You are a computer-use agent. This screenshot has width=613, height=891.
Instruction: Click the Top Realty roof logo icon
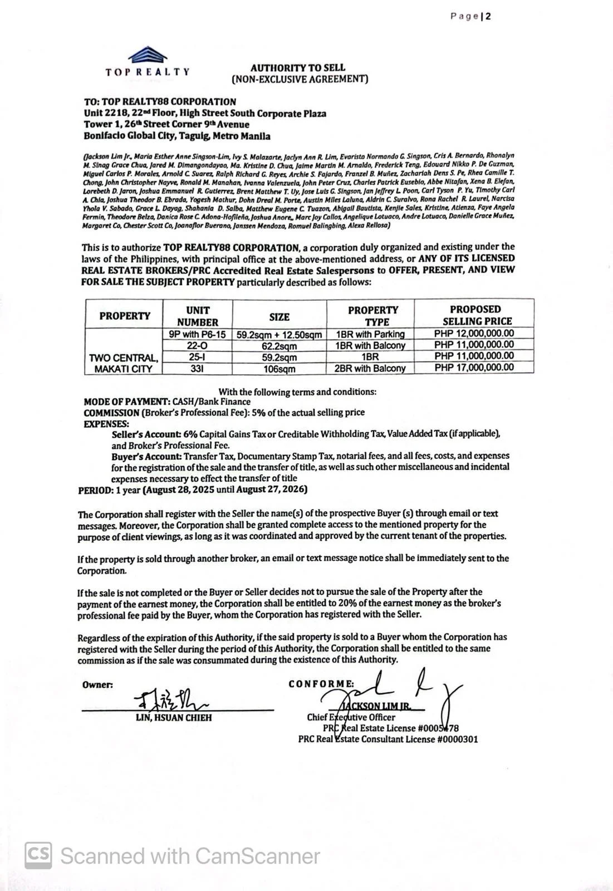click(148, 55)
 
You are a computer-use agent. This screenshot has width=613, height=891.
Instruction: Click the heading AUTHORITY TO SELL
click(297, 67)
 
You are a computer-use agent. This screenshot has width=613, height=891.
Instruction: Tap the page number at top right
click(470, 16)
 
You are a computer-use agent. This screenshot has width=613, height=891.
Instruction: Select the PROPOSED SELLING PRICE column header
click(474, 315)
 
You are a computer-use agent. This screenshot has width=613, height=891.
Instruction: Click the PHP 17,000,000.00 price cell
click(474, 368)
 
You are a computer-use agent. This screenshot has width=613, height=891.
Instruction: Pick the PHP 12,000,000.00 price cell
click(474, 334)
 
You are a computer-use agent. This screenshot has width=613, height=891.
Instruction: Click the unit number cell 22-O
click(197, 346)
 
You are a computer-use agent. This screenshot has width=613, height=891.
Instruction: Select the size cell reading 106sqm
click(279, 369)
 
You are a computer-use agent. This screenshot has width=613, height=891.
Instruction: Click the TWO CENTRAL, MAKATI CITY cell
click(124, 363)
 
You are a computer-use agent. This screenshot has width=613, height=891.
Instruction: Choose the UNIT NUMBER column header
click(197, 316)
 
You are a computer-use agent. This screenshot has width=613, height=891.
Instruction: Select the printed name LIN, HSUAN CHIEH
click(174, 718)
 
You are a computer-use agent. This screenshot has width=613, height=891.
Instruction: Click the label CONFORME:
click(321, 684)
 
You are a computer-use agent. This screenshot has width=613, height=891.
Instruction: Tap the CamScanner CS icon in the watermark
click(38, 855)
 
